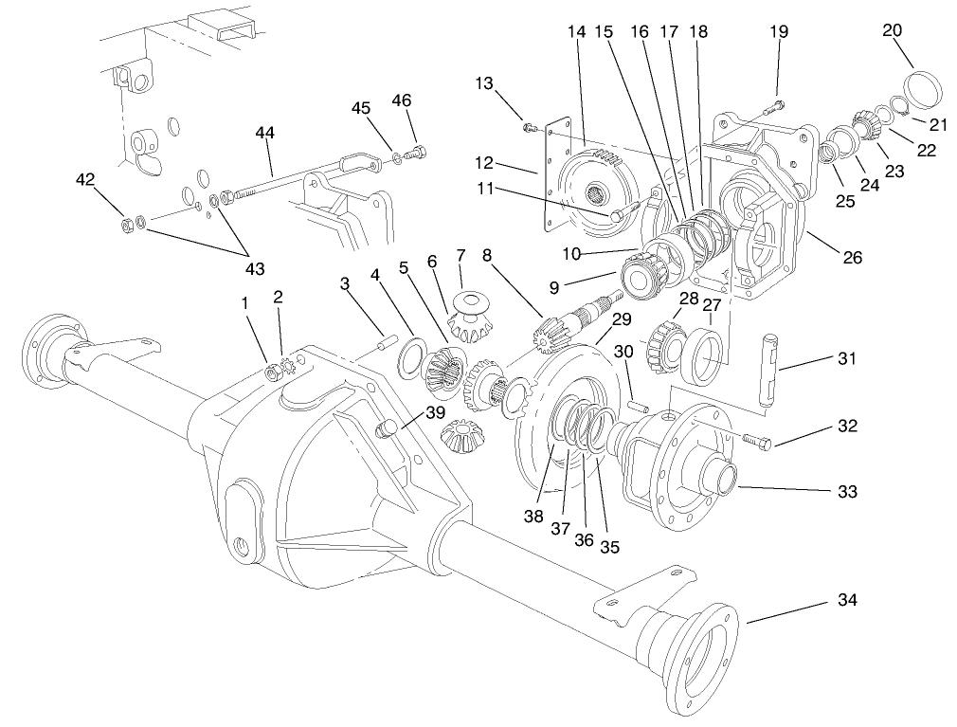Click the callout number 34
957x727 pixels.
tap(847, 601)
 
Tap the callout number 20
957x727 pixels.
tap(892, 30)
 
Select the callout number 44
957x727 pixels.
tap(264, 134)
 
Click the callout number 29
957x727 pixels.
tap(621, 318)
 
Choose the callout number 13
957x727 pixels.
tap(485, 84)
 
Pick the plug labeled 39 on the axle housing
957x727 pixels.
tap(387, 432)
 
